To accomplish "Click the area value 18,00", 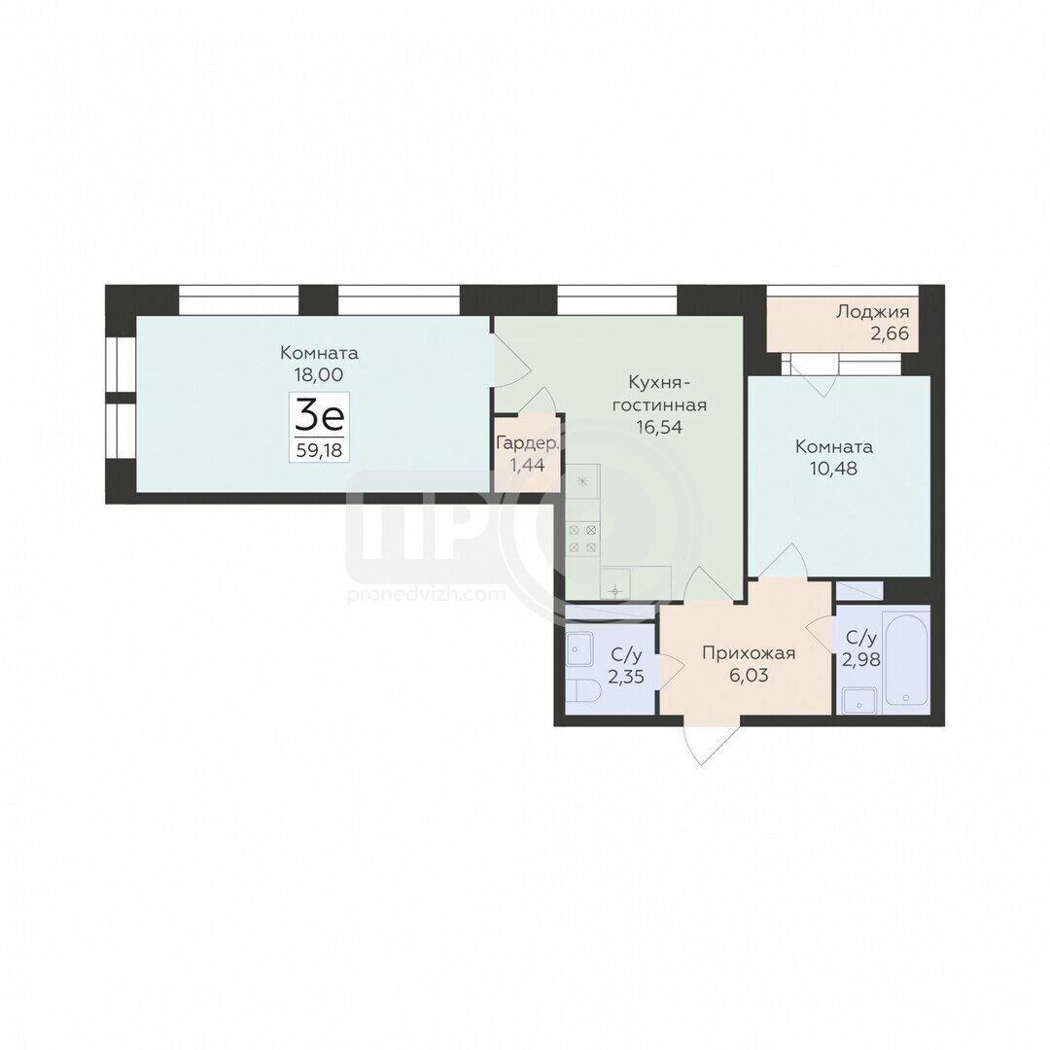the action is pos(319,375).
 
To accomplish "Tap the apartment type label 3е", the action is pos(320,416).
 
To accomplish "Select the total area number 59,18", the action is pos(320,450).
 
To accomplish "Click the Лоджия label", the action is pos(872,312).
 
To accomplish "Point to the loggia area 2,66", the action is pos(890,333).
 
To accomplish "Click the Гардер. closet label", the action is pos(528,443).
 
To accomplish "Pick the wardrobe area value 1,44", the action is pos(527,465).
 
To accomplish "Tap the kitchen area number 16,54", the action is pos(659,427).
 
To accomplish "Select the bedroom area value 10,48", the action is pos(834,468).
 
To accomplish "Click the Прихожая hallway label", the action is pos(749,653).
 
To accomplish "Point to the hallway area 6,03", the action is pos(749,675).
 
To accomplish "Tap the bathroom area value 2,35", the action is pos(626,677).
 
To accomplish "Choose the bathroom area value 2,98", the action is pos(861,659).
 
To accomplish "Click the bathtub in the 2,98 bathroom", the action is pos(906,659).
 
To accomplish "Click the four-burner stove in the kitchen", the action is pos(582,539).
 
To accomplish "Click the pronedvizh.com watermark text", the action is pos(426,595).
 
